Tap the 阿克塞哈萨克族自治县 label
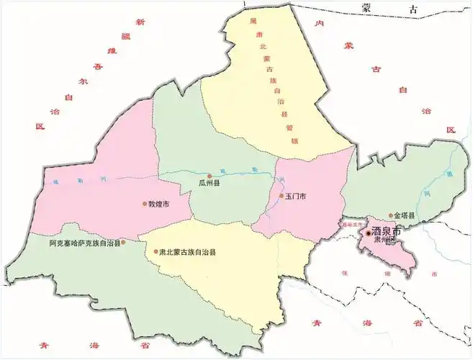click(85, 243)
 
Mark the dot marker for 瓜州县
click(210, 176)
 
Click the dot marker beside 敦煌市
click(144, 204)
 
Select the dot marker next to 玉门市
click(281, 196)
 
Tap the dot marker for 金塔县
click(391, 215)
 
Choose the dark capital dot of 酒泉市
click(367, 233)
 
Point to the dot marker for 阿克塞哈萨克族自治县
click(124, 243)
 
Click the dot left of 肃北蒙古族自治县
click(156, 252)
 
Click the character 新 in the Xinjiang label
click(141, 23)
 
